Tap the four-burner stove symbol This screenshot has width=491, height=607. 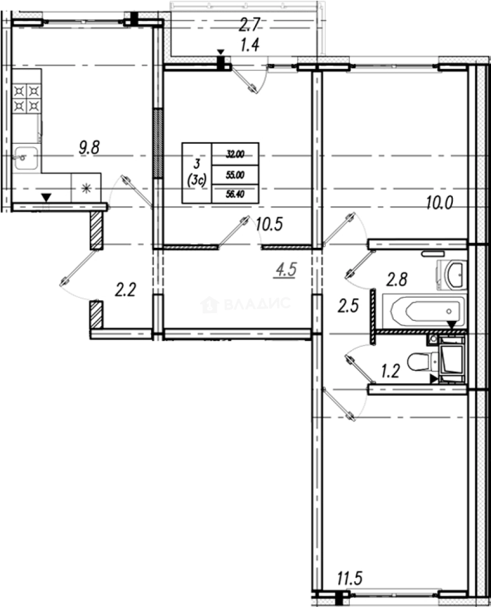[27, 98]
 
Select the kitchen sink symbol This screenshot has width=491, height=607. [26, 158]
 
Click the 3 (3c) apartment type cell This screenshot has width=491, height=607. [197, 173]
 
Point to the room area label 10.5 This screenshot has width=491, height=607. [269, 224]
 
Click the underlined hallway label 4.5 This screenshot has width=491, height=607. [285, 269]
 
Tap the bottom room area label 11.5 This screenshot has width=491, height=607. [350, 577]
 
